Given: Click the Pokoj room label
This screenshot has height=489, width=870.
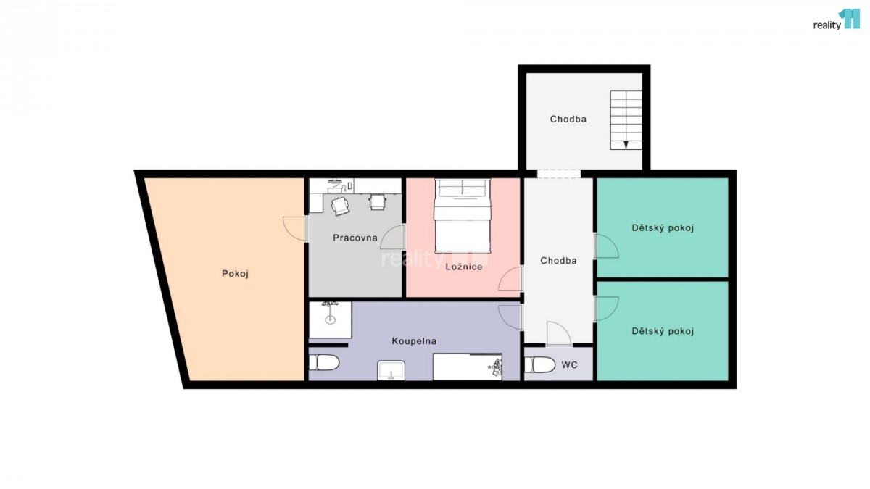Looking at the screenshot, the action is tap(235, 274).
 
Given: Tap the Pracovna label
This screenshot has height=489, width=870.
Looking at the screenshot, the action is tap(355, 238).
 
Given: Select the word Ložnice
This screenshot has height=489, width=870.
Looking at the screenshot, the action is tap(464, 267).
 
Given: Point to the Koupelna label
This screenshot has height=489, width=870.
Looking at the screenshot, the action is tap(414, 341).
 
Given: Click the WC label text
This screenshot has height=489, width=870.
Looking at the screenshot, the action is tap(569, 365).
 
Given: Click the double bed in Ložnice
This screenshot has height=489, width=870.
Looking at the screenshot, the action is tap(463, 216).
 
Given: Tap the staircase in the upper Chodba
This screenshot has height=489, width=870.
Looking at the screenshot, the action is tap(626, 120).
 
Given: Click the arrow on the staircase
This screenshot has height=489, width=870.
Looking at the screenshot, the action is tap(626, 144).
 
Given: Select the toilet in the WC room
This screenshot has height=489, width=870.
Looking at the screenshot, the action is tap(540, 365).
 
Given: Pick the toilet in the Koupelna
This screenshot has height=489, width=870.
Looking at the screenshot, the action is tap(324, 363).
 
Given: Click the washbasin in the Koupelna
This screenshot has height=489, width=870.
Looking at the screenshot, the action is tap(391, 370).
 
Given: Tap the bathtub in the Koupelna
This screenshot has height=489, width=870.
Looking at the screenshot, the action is tap(467, 367).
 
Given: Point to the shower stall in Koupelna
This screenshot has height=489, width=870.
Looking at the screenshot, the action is tap(330, 319).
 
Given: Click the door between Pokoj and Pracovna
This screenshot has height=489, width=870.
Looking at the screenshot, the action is tap(295, 229).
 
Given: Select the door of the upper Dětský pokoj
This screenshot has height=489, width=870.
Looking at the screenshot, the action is tap(606, 246).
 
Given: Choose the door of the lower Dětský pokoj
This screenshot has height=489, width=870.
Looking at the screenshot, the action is tap(606, 309).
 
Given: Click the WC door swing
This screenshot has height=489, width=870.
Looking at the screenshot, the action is tap(559, 333).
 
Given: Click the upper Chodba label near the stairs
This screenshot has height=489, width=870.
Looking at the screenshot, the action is tap(568, 119).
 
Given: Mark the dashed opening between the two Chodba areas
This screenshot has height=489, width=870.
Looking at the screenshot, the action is tap(559, 174).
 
